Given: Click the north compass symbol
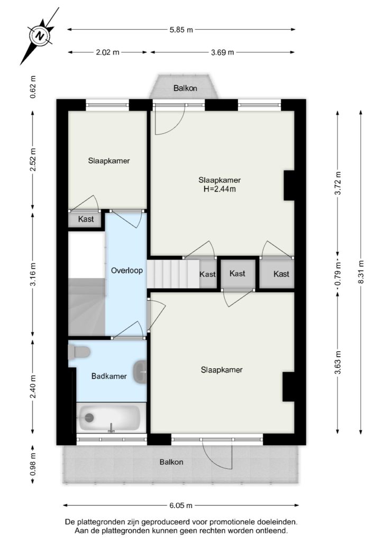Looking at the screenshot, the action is (41, 35).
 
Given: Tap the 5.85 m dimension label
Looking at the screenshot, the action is (181, 30).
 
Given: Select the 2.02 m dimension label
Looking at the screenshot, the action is (107, 52).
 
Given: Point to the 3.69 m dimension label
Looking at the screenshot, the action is (222, 52).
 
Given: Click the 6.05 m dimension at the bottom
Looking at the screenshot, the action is (181, 505).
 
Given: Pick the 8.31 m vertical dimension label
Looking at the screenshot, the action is (361, 272).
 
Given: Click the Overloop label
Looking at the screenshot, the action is (127, 270).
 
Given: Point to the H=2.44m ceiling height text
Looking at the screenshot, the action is (220, 189).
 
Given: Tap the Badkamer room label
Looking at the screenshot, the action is (109, 376).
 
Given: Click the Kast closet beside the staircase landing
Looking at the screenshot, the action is (207, 274).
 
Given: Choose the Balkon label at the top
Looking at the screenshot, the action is (185, 88).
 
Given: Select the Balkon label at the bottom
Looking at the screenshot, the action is (171, 462).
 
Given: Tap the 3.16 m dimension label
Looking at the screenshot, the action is (33, 275).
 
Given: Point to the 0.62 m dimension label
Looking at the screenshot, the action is (33, 87).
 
